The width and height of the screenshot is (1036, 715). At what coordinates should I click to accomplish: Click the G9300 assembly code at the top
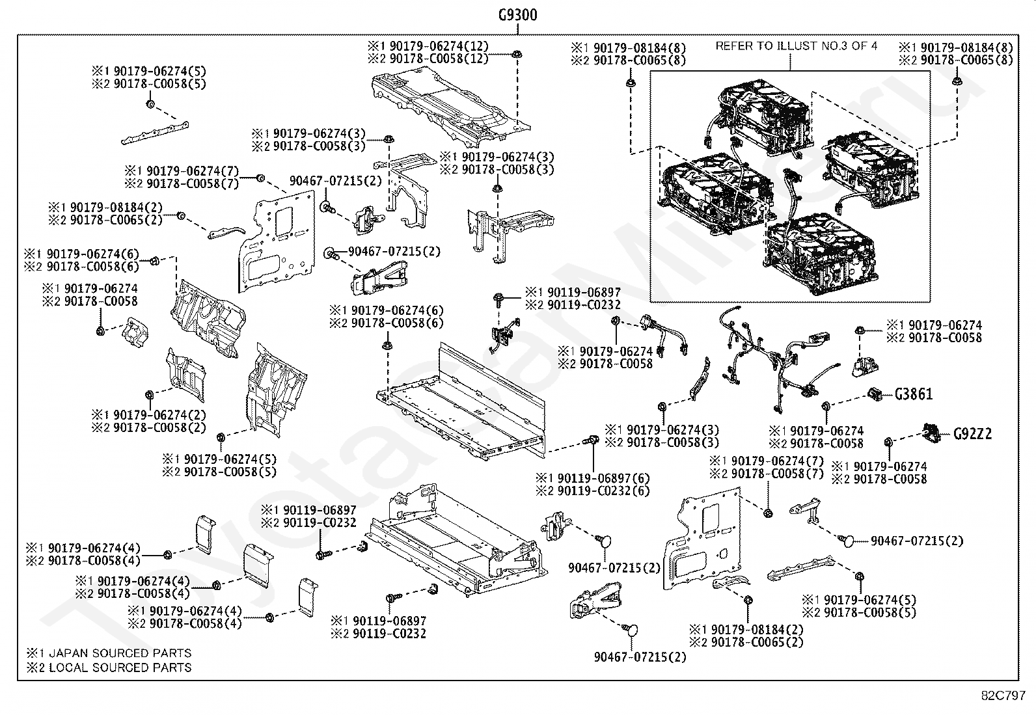point(517,15)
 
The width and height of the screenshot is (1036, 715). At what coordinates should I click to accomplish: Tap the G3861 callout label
point(914,394)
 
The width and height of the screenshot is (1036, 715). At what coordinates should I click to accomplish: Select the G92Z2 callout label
point(973,434)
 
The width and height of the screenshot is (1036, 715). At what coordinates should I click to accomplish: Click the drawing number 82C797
point(1003,695)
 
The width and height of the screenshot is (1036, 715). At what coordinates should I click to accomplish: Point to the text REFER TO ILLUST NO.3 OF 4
point(796,46)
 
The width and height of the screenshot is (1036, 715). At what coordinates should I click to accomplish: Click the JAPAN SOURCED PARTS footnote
point(120,653)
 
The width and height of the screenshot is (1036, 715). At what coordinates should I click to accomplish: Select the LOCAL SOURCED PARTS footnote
point(120,668)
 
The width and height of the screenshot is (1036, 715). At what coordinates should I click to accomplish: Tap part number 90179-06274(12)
point(439,46)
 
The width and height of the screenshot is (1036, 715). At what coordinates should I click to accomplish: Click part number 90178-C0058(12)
point(439,59)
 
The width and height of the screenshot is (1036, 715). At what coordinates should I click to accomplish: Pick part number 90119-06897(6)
point(603,478)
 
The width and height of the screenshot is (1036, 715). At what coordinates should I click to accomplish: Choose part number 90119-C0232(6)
point(603,491)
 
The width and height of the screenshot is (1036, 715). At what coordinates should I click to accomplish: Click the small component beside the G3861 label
point(875,394)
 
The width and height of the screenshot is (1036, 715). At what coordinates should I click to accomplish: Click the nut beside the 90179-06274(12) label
point(516,54)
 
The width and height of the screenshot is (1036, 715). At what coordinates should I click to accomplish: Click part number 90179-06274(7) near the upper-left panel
point(193,170)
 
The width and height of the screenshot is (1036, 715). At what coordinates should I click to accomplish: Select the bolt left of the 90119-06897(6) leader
point(592,440)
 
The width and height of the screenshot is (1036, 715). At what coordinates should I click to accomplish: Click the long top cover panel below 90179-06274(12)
point(451,106)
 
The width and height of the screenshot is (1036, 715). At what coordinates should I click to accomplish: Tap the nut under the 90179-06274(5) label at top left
point(150,104)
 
